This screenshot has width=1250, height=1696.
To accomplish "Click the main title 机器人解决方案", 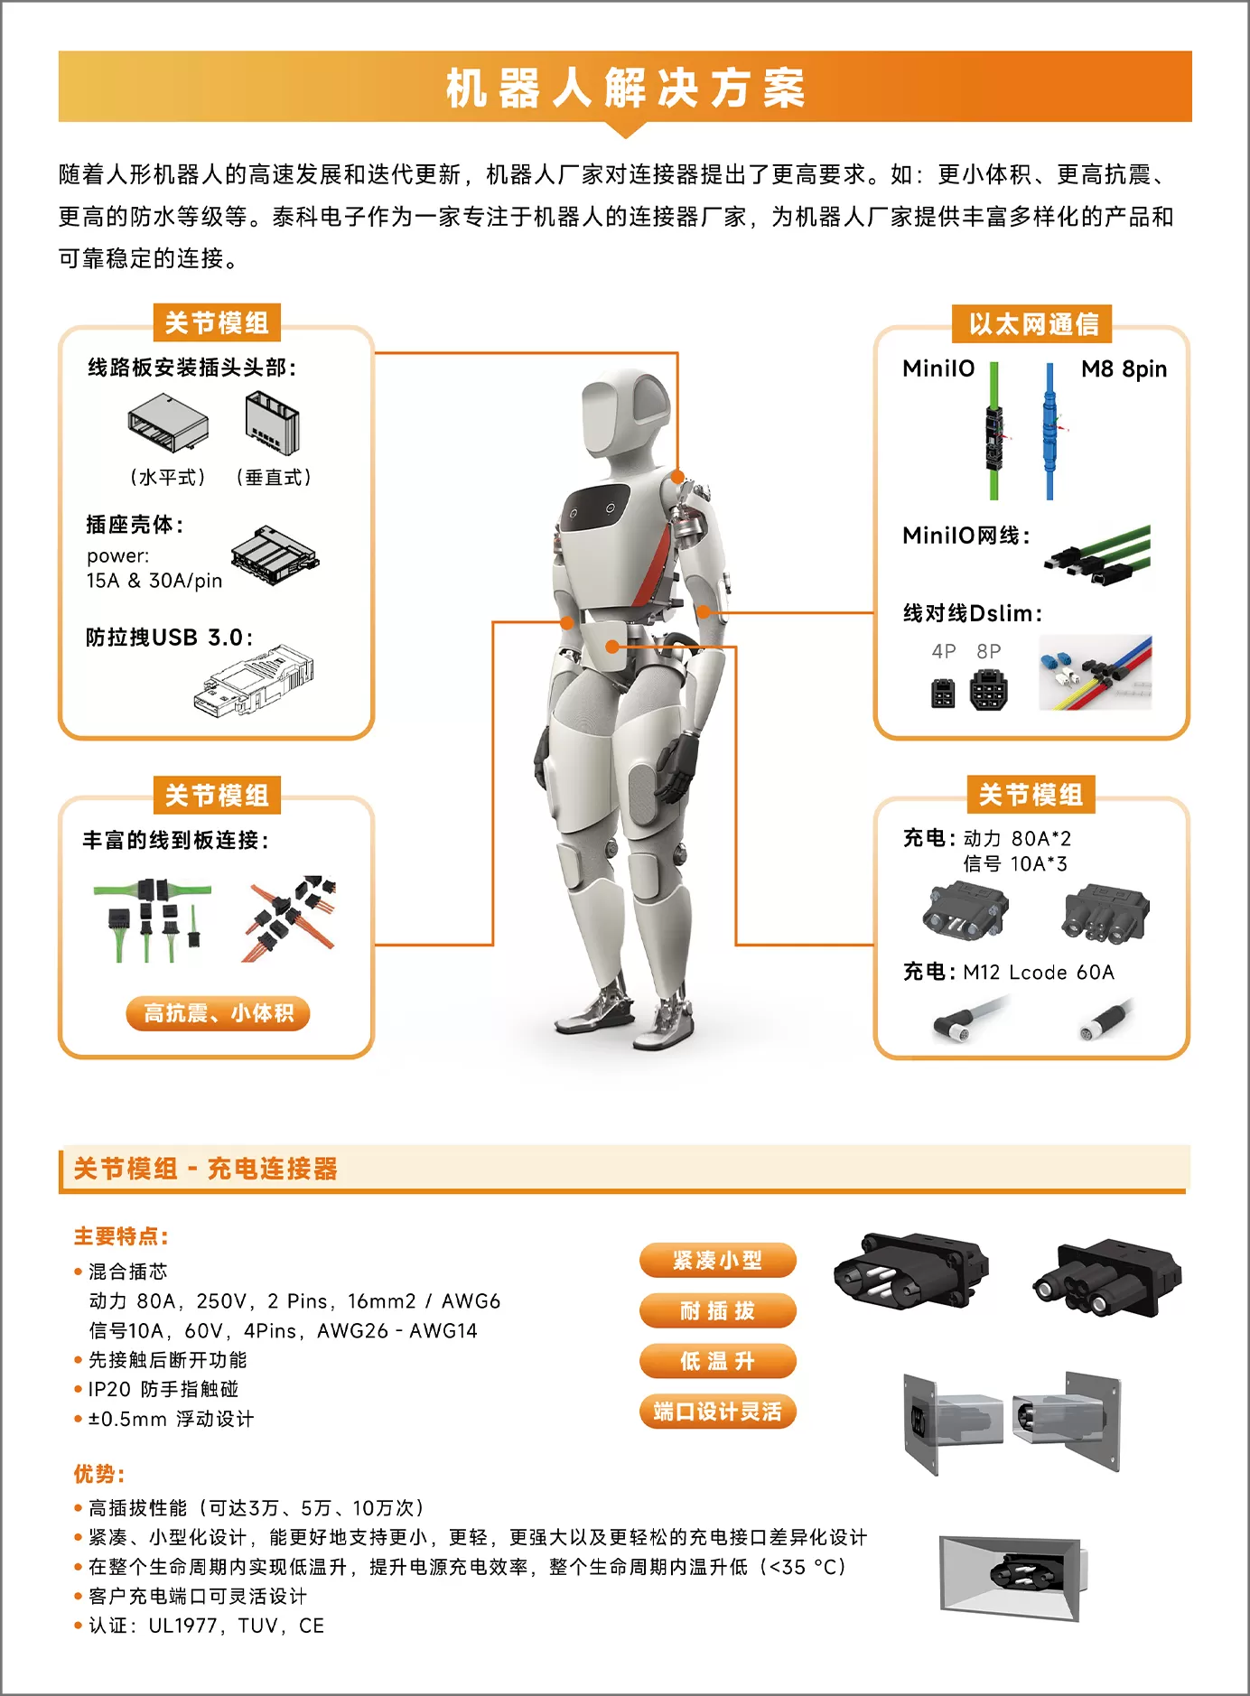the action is pyautogui.click(x=625, y=88).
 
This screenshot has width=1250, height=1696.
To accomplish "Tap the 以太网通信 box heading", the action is pyautogui.click(x=1033, y=324).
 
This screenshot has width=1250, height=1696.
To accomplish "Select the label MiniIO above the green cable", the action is pyautogui.click(x=938, y=368).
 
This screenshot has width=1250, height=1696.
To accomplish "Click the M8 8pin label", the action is pyautogui.click(x=1124, y=369).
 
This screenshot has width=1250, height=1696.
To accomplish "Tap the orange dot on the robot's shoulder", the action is pyautogui.click(x=677, y=476).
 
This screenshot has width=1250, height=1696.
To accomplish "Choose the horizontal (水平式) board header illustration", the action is pyautogui.click(x=169, y=423).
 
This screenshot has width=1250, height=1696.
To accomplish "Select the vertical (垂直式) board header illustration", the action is pyautogui.click(x=272, y=424).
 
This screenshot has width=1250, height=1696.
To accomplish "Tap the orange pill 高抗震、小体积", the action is pyautogui.click(x=218, y=1013).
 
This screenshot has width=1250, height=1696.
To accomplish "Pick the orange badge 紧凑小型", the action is pyautogui.click(x=718, y=1261).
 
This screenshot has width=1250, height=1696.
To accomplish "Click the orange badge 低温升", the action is pyautogui.click(x=718, y=1361).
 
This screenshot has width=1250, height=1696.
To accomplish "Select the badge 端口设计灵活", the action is pyautogui.click(x=718, y=1412).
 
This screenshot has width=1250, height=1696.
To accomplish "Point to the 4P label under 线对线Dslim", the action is pyautogui.click(x=944, y=651).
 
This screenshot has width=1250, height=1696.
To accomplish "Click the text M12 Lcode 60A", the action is pyautogui.click(x=1039, y=973).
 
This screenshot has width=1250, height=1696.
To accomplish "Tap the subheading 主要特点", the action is pyautogui.click(x=121, y=1236).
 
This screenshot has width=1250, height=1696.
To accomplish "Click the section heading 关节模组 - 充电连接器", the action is pyautogui.click(x=205, y=1169).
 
